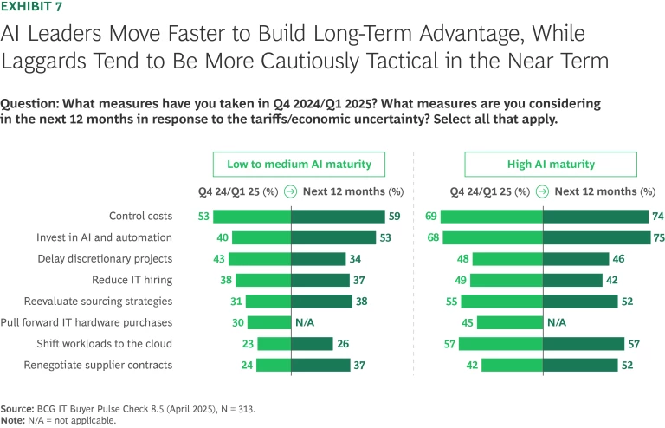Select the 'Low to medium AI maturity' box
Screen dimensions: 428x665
[x=299, y=165]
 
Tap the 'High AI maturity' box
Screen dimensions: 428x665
[x=551, y=165]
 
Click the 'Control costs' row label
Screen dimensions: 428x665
[x=140, y=216]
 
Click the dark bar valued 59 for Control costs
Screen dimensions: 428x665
[x=338, y=216]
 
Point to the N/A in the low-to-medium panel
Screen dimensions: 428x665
[x=304, y=322]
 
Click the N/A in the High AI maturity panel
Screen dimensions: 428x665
[x=556, y=322]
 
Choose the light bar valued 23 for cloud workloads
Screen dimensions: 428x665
[x=274, y=343]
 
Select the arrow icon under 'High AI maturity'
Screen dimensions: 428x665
[x=542, y=191]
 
